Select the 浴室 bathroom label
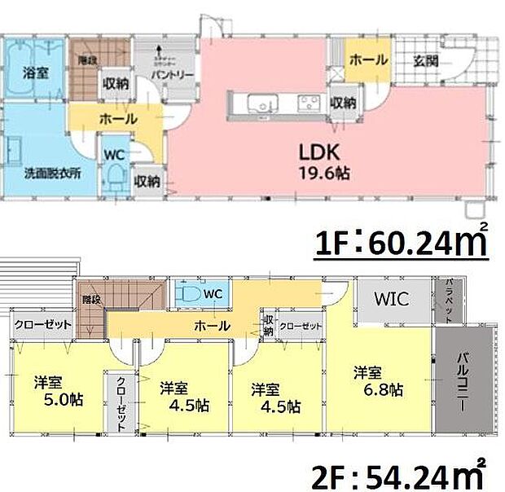pyautogui.click(x=36, y=73)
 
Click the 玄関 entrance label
pyautogui.click(x=425, y=59)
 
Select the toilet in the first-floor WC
pyautogui.click(x=116, y=175)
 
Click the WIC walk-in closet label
pyautogui.click(x=392, y=299)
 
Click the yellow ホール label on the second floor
pyautogui.click(x=210, y=326)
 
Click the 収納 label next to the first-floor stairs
pyautogui.click(x=114, y=81)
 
